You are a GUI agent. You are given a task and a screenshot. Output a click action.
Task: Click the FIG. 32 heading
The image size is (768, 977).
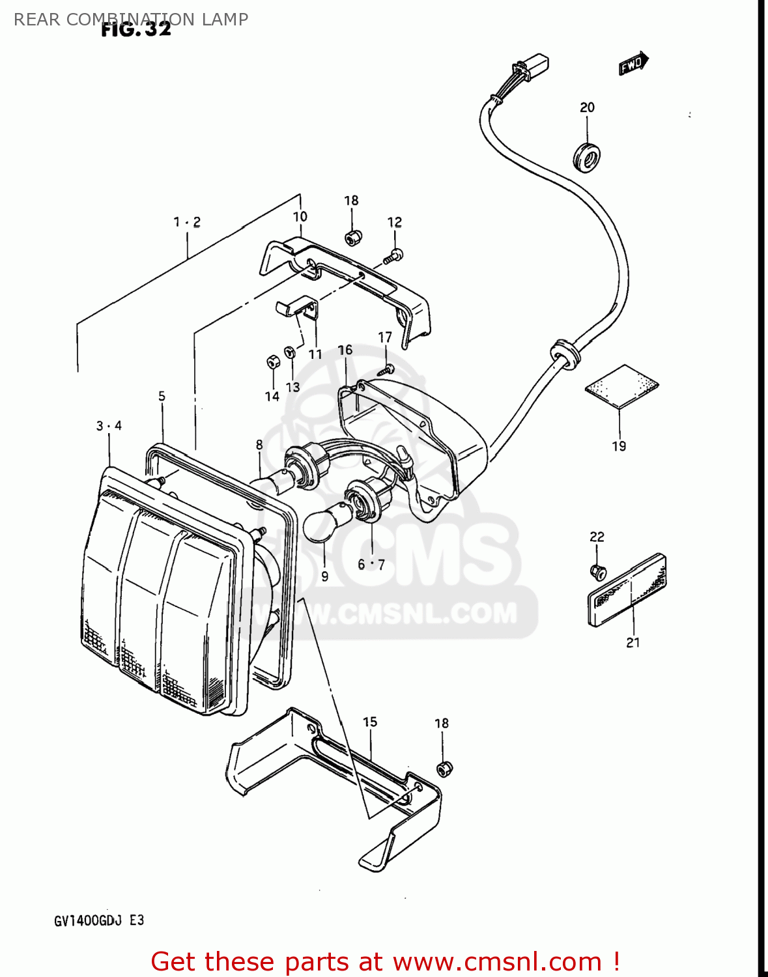(x=136, y=29)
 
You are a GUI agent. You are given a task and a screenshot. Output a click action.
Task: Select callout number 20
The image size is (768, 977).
(x=587, y=107)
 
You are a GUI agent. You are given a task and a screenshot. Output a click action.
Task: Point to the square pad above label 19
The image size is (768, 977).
(x=621, y=386)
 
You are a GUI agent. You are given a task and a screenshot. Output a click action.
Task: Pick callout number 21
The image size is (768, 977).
(x=633, y=643)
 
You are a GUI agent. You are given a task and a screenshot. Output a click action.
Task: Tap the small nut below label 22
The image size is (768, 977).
(x=597, y=572)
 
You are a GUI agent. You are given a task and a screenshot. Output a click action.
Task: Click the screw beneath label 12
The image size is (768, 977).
(x=393, y=256)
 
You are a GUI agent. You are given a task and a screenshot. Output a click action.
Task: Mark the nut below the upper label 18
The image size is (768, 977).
(x=353, y=238)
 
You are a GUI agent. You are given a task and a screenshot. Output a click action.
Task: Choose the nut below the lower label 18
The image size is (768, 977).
(x=444, y=769)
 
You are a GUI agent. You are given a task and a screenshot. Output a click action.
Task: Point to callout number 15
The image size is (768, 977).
(x=370, y=722)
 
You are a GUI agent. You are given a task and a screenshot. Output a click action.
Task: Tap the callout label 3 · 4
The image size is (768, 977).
(x=109, y=426)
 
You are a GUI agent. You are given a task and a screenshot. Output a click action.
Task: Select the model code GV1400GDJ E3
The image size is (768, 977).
(x=99, y=920)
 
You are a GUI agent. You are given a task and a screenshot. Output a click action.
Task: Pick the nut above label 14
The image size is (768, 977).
(x=272, y=361)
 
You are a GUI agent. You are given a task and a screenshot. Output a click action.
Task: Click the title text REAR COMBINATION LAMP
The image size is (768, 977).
(x=130, y=19)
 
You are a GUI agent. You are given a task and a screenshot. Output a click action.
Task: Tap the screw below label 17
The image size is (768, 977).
(x=385, y=370)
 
